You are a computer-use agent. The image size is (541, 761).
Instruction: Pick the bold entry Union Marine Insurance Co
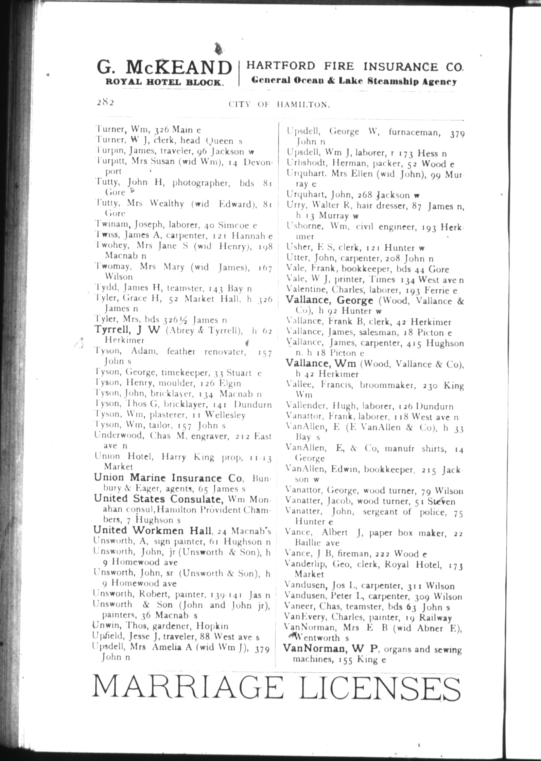[x=169, y=478]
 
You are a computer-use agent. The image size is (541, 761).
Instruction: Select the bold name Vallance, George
[x=330, y=300]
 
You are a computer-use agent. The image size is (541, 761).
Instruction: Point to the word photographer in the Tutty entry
[x=199, y=183]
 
